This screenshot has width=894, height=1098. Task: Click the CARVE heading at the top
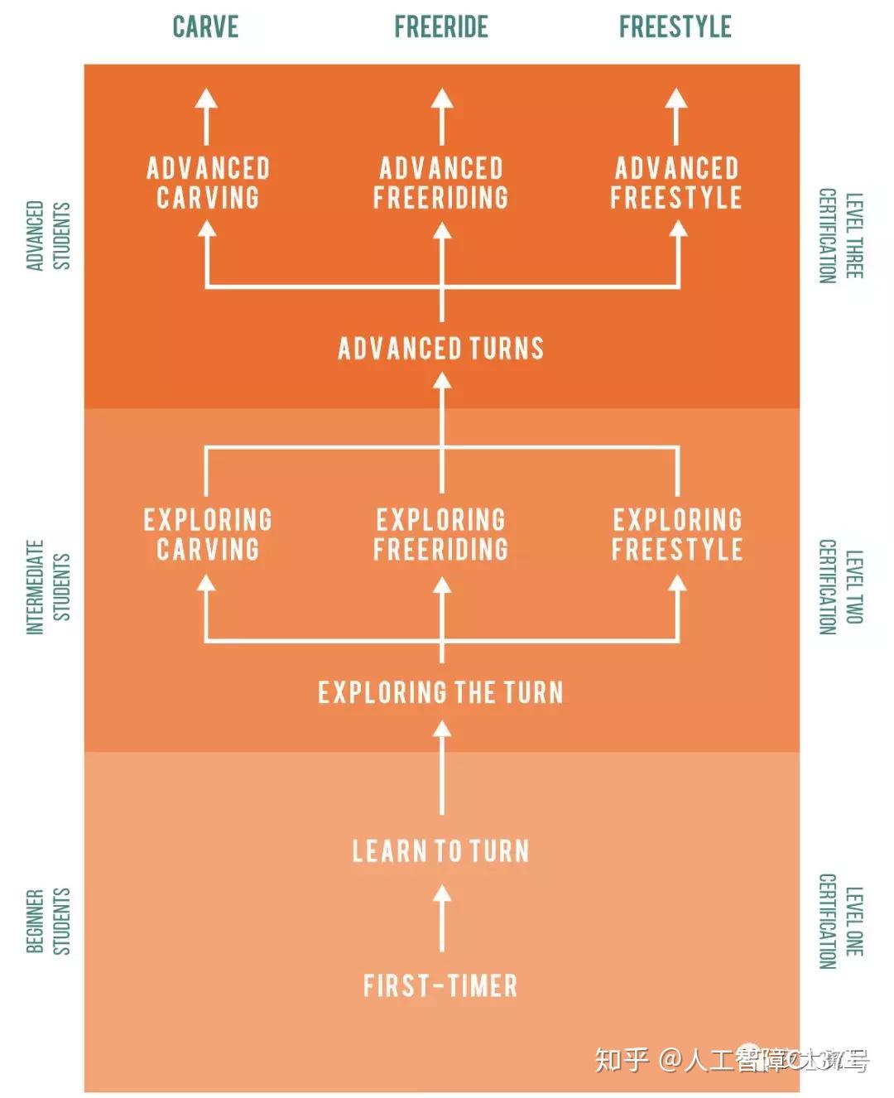tap(205, 26)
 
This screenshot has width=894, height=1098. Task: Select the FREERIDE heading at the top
tap(441, 26)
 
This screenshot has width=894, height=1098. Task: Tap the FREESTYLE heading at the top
tap(675, 26)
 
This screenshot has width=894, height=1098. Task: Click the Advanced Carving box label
tap(208, 183)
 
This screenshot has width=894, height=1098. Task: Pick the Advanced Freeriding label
tap(441, 183)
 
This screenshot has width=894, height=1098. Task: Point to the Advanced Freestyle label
tap(676, 183)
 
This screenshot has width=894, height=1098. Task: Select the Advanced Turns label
tap(441, 348)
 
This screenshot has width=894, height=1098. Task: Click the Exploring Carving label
tap(208, 534)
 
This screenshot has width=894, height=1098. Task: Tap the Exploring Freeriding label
tap(441, 534)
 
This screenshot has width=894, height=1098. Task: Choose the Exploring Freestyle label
tap(677, 534)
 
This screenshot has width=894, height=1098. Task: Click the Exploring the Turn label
tap(441, 692)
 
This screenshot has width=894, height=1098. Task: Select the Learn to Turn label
tap(441, 851)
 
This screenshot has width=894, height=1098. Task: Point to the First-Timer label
tap(441, 985)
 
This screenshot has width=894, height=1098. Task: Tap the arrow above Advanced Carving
tap(206, 116)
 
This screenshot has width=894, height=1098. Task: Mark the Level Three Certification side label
tap(840, 236)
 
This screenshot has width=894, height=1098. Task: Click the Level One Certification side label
tap(840, 921)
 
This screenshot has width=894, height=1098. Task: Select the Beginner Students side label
tap(48, 921)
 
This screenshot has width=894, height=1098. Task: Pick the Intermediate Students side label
tap(48, 587)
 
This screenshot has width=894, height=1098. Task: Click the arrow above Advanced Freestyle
tap(676, 116)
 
